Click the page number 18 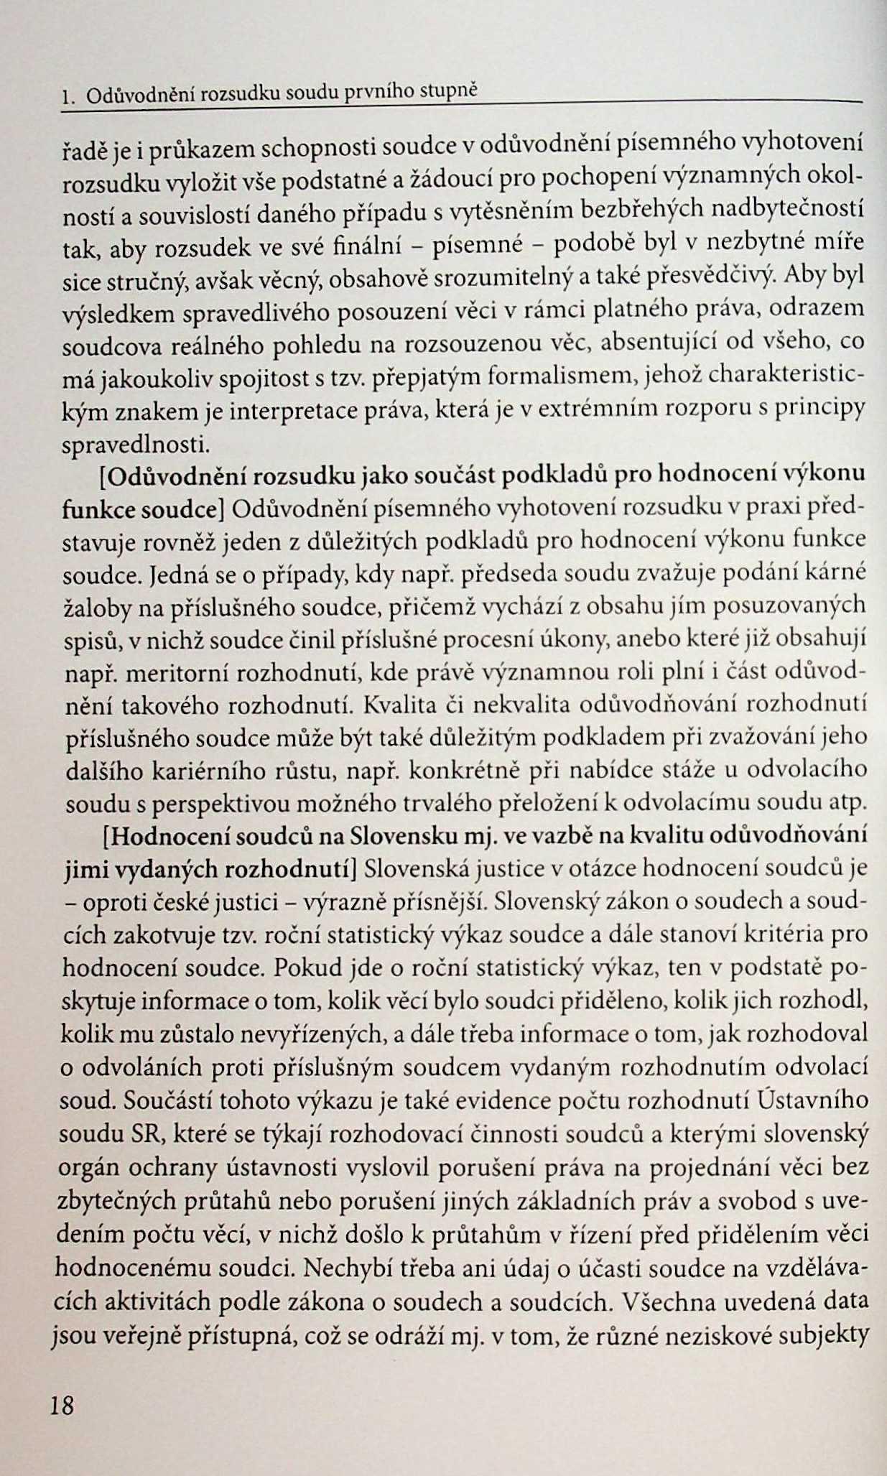pyautogui.click(x=62, y=1404)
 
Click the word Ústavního pyautogui.click(x=813, y=1099)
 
